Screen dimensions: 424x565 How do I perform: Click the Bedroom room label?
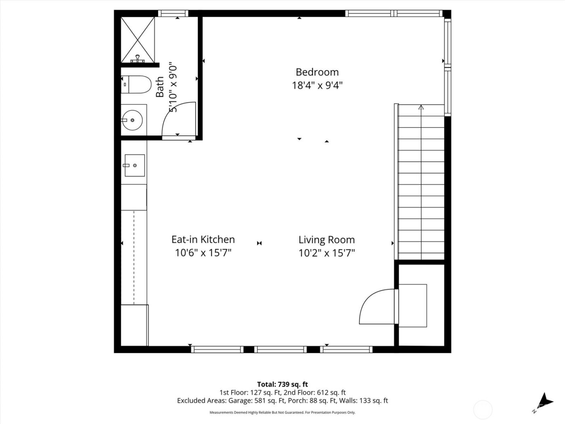click(x=317, y=72)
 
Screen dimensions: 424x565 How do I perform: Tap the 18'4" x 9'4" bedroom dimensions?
click(x=317, y=86)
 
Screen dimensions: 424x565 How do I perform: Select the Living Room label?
click(x=326, y=240)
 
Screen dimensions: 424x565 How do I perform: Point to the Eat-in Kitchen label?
click(x=203, y=239)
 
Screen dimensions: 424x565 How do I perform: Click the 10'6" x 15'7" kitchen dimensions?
click(x=203, y=253)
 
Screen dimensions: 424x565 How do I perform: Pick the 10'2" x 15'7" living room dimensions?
click(x=326, y=253)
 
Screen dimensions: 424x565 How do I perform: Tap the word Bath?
click(x=160, y=87)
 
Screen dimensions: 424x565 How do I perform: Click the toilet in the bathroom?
click(x=136, y=85)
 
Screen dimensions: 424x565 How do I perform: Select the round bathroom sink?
click(x=132, y=120)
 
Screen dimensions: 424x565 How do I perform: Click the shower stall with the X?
click(x=138, y=40)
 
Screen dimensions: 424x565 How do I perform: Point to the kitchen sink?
click(x=134, y=165)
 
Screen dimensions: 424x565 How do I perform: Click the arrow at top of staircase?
click(x=421, y=107)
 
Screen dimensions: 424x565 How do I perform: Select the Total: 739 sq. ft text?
click(x=282, y=384)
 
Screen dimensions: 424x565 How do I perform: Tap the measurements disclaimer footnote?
click(x=282, y=412)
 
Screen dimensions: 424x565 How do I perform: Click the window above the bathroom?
click(x=173, y=13)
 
